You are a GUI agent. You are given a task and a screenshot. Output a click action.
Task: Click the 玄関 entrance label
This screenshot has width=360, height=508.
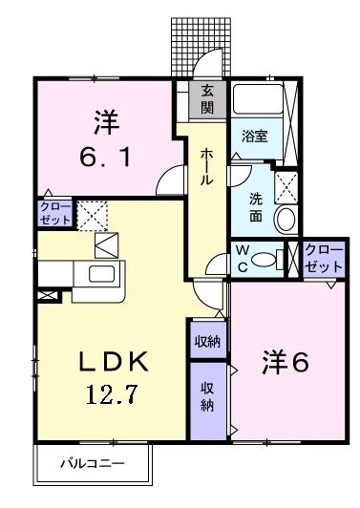[207, 98]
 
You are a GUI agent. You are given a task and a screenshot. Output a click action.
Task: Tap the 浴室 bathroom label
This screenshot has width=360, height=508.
[254, 137]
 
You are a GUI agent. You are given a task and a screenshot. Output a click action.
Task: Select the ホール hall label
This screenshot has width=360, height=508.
[206, 167]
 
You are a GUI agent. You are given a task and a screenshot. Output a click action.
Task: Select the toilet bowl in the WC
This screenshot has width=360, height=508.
[271, 258]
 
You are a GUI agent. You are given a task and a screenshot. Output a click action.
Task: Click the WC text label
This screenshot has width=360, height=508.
[244, 259]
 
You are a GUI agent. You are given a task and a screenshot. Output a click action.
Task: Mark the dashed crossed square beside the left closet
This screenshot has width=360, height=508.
[94, 215]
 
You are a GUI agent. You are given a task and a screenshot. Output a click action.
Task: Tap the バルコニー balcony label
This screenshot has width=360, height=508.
[93, 466]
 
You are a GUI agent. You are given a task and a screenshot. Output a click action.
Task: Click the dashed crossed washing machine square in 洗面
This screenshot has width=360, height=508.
[286, 183]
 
